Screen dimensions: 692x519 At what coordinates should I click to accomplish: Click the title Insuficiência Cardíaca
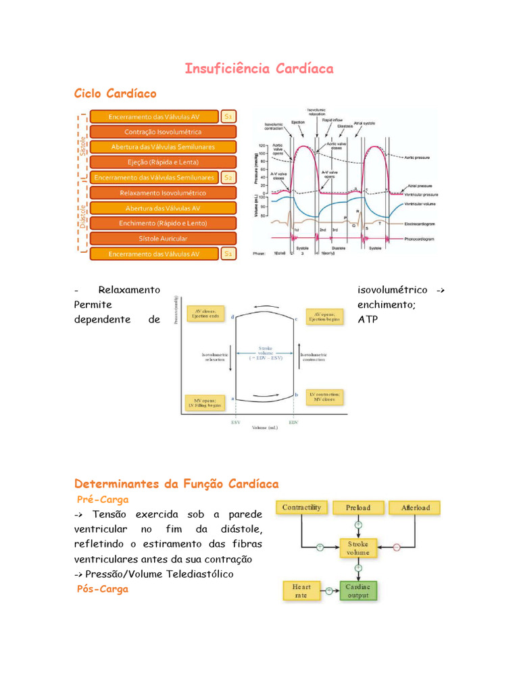pos(259,69)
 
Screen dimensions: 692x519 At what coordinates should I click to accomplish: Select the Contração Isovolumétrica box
pos(163,132)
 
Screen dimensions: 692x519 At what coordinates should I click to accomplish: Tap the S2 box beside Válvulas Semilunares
pos(228,178)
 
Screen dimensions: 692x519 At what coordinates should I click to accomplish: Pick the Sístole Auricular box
pos(163,239)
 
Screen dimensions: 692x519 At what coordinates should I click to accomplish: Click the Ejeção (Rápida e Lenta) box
pos(163,162)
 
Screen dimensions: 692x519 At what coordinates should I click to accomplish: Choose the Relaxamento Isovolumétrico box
pos(163,193)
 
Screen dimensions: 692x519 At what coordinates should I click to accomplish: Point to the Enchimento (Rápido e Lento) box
pos(163,223)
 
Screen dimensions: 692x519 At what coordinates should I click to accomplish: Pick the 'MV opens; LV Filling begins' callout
pos(206,403)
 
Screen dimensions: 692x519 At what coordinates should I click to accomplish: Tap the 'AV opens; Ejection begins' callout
pos(325,316)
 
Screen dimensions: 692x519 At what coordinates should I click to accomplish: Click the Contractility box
pos(301,508)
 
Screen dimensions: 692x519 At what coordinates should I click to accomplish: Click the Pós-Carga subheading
pos(103,589)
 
